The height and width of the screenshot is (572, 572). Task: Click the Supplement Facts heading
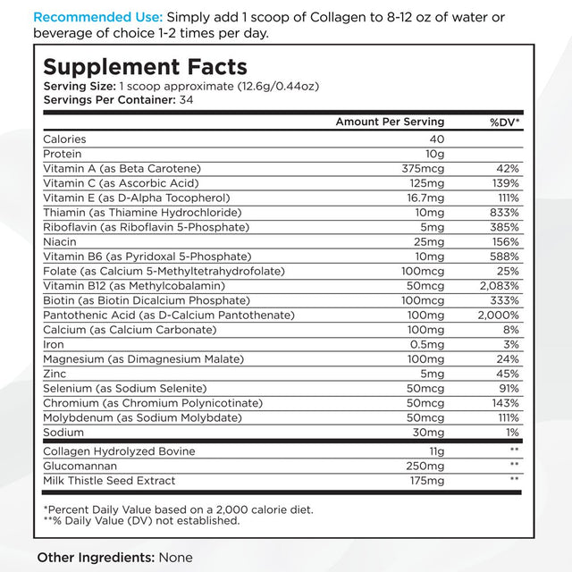coord(145,67)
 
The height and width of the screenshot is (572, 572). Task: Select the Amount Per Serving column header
coord(390,122)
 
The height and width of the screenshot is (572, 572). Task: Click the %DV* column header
coord(504,122)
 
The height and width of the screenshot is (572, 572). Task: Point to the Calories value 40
coord(436,139)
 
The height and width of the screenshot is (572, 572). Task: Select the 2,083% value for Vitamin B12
coord(499,286)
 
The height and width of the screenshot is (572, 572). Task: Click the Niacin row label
coord(61,242)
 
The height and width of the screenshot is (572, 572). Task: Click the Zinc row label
coord(55,374)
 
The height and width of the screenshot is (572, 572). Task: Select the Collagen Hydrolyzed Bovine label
coord(119,451)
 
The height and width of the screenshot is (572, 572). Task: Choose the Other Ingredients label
coord(96,558)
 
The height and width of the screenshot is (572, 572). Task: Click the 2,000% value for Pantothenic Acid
coord(499,315)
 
